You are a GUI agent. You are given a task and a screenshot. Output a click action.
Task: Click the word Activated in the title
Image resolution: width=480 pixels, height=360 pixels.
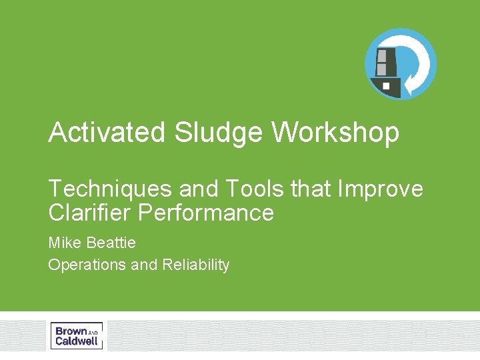tap(107, 133)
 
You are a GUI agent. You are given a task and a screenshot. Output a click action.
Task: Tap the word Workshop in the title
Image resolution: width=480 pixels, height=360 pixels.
tap(335, 133)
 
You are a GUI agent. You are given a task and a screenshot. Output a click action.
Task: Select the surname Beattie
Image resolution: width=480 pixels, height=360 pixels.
tap(112, 241)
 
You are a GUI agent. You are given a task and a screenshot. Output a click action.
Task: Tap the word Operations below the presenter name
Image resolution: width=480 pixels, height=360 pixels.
tap(87, 265)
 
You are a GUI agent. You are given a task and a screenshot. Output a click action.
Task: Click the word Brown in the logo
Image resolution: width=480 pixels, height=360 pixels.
tap(71, 331)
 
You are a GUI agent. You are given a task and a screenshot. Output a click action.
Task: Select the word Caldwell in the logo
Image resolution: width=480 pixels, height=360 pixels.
tap(77, 341)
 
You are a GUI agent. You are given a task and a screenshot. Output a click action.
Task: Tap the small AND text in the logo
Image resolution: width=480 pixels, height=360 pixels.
tap(93, 332)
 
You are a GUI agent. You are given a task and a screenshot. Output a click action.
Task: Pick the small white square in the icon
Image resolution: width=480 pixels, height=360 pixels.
tap(387, 86)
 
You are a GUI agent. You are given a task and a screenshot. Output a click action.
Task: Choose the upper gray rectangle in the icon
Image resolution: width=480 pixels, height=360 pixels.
tap(382, 55)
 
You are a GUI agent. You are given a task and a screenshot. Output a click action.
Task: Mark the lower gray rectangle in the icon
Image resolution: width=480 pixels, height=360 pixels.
tap(382, 69)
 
